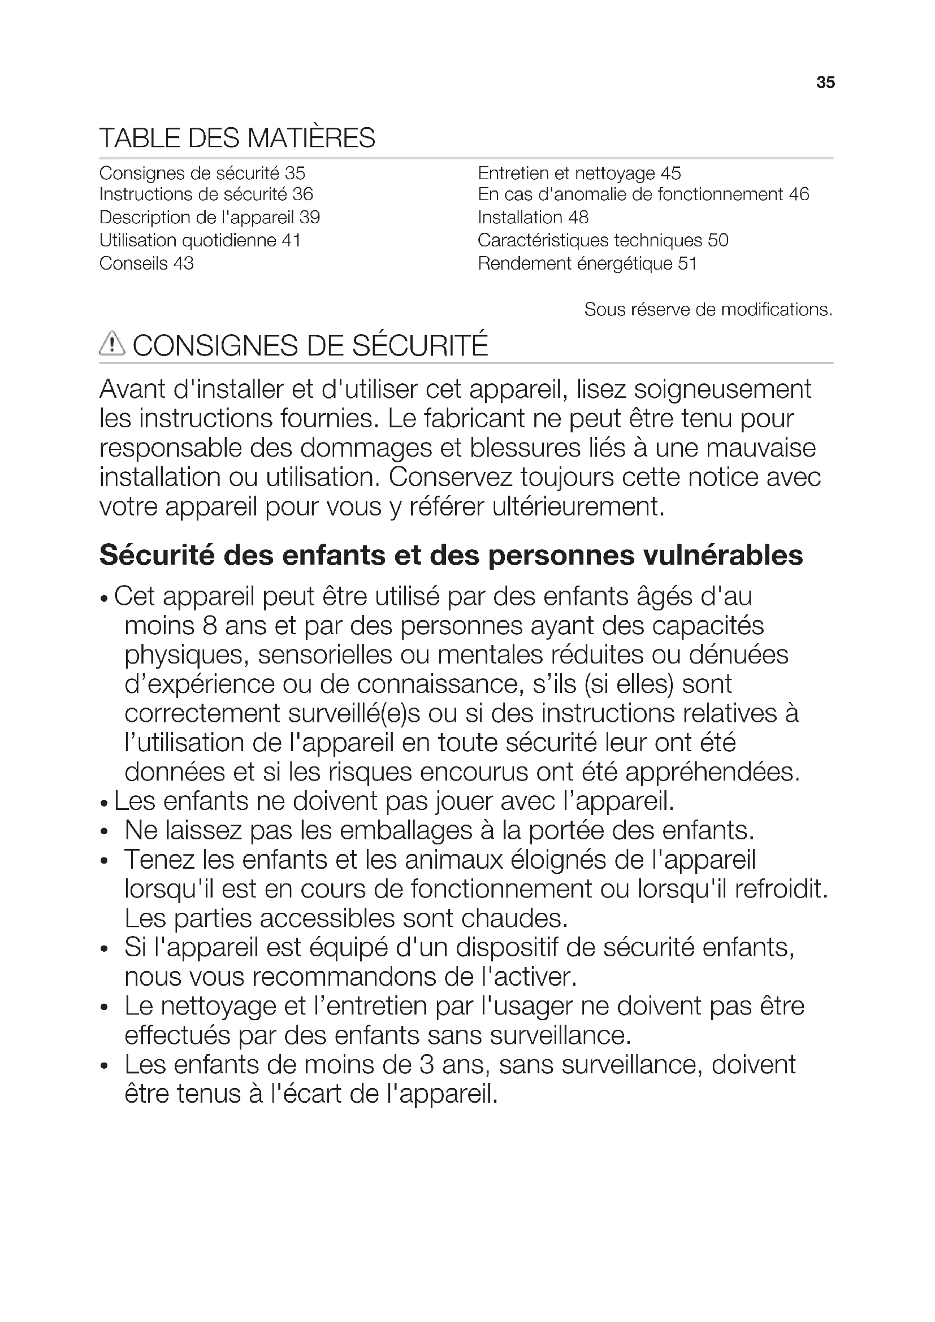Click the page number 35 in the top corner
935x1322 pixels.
point(825,83)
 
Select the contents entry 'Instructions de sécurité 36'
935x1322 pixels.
point(206,194)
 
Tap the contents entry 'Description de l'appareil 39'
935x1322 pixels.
point(210,218)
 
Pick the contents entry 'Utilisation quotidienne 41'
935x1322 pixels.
point(200,241)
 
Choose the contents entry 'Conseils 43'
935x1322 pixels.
point(146,264)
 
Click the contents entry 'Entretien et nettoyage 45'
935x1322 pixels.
point(579,174)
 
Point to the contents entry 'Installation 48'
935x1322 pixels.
point(533,218)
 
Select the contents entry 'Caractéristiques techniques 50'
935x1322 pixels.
point(603,241)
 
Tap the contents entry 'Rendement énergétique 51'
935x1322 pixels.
point(587,264)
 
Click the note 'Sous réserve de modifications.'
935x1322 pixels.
point(708,310)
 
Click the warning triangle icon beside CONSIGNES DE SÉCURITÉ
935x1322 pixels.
point(112,344)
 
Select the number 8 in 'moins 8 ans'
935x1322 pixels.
point(210,626)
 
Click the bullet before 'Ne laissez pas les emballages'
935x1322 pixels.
point(104,832)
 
